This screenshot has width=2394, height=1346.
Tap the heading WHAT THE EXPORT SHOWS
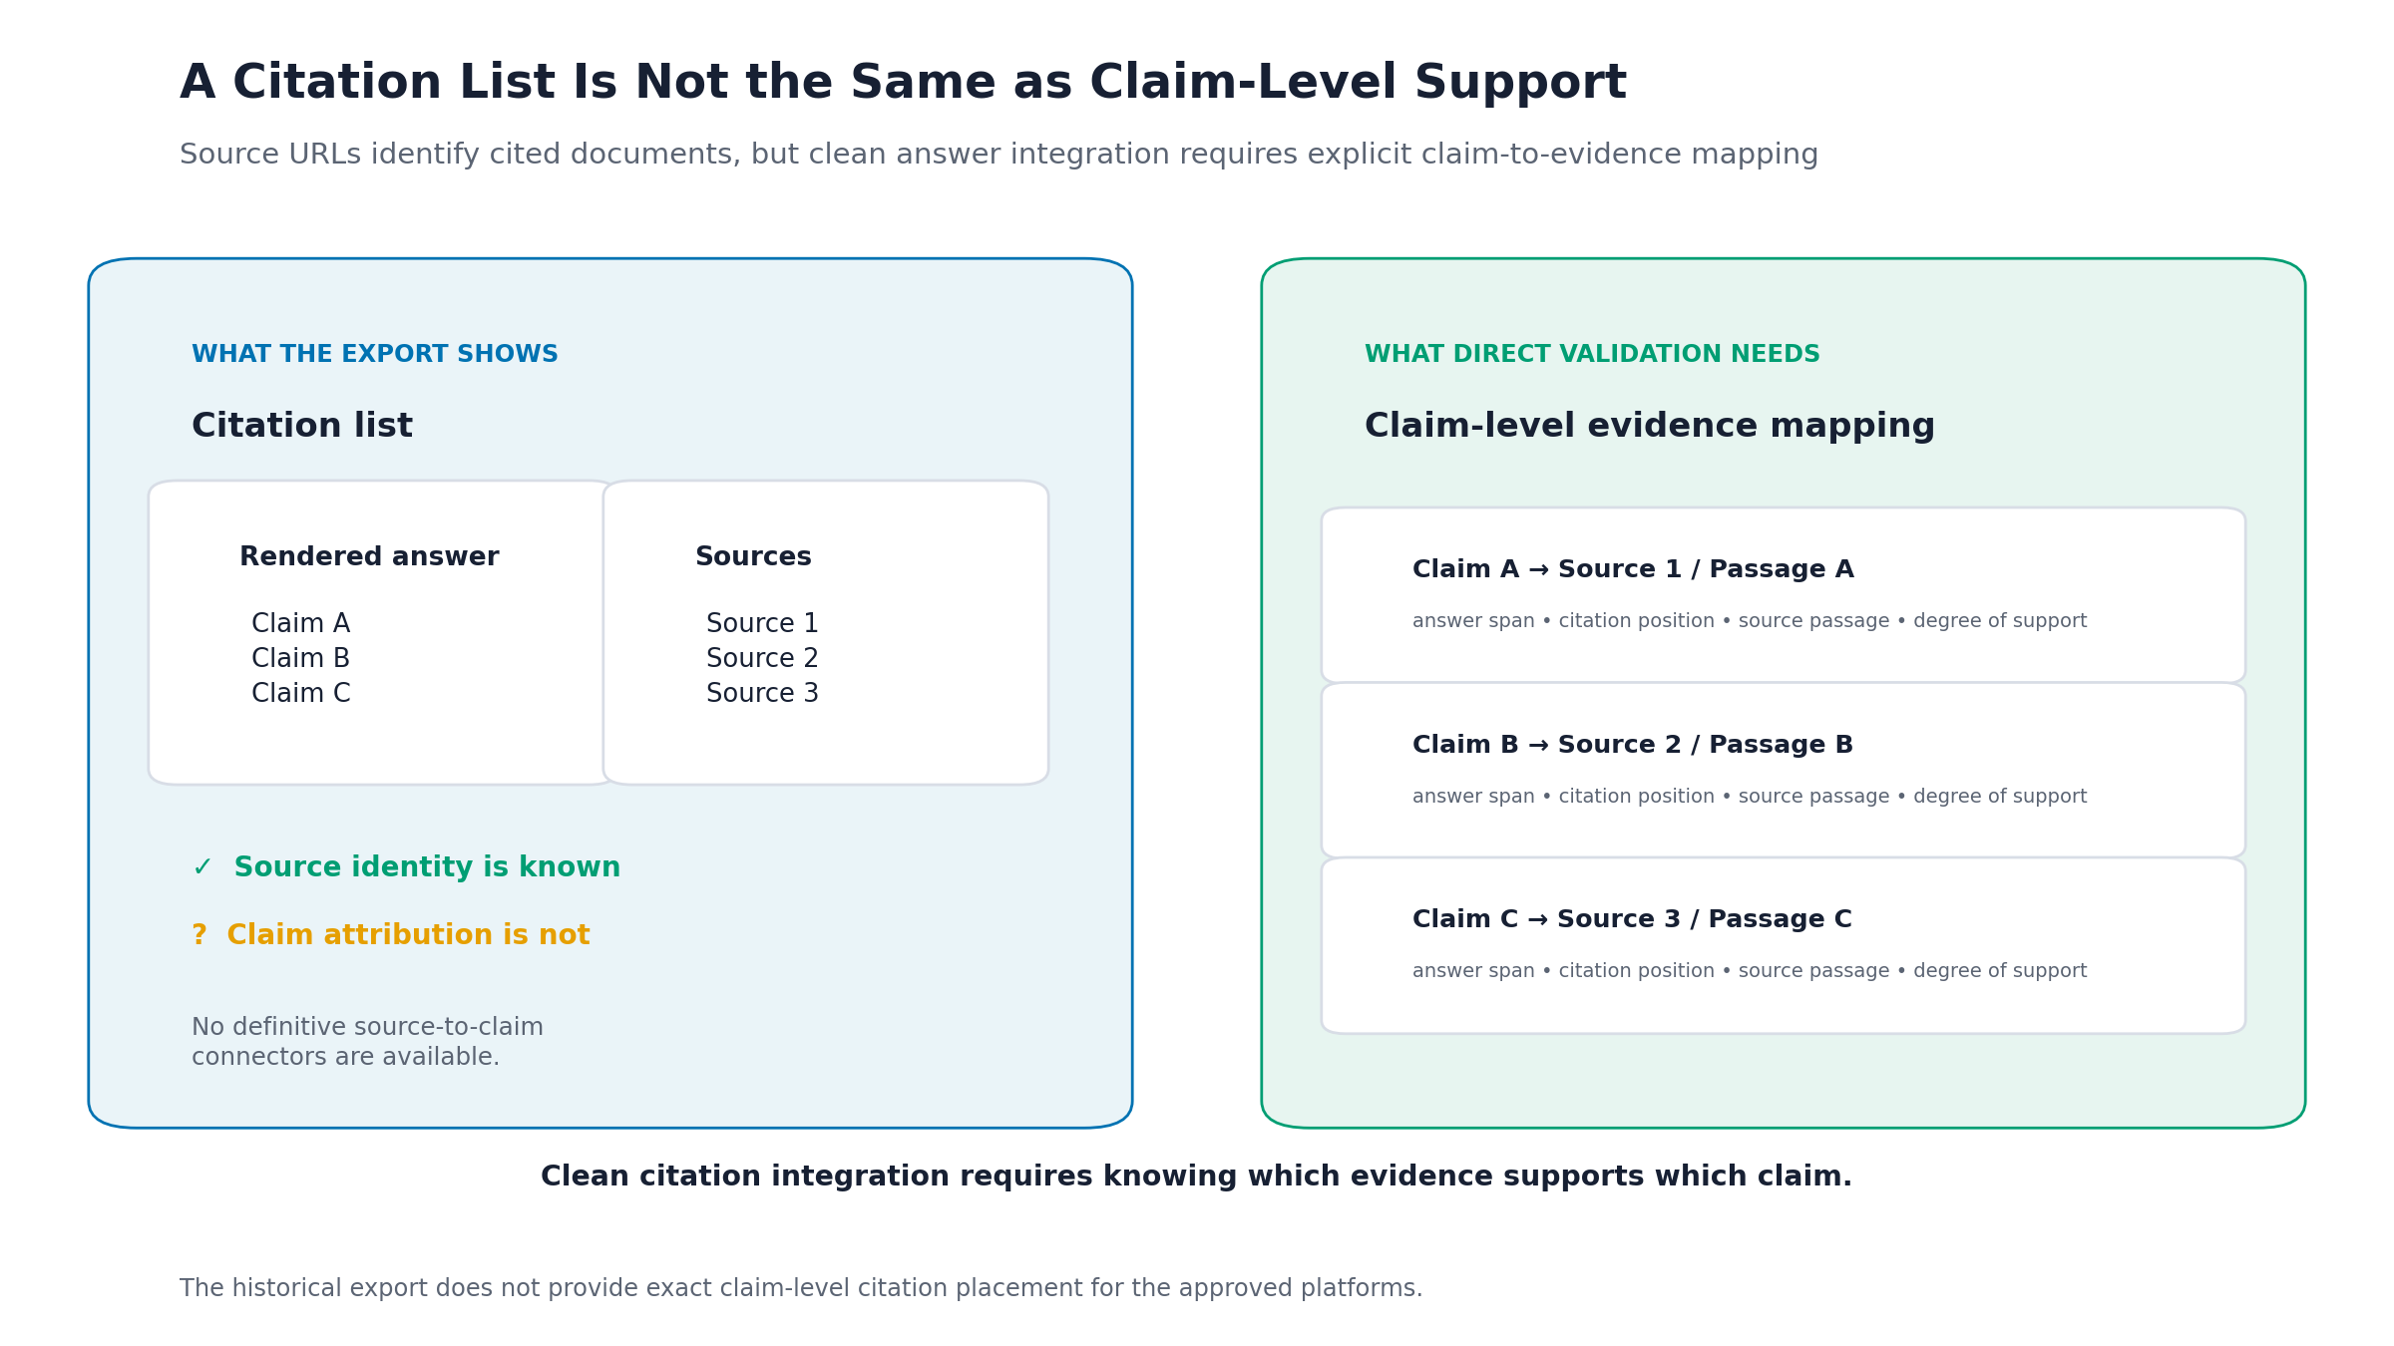375,354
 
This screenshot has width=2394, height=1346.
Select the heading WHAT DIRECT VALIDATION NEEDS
1592,354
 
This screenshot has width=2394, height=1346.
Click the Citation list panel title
302,426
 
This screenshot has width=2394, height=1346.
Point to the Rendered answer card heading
369,556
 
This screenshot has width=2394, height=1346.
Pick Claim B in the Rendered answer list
300,659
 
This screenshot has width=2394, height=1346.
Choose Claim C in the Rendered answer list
301,694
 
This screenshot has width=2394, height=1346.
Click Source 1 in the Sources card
762,624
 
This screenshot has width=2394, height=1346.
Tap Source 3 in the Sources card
762,694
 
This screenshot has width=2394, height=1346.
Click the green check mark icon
202,867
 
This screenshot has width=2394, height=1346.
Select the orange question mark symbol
199,935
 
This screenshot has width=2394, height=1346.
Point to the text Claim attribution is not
408,935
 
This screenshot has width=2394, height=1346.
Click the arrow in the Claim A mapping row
1539,570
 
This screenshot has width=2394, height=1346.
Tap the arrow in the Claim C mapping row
1538,919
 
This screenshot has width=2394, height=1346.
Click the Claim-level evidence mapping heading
1650,426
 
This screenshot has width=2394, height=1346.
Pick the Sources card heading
753,556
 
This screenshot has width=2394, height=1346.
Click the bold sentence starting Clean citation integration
1196,1177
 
